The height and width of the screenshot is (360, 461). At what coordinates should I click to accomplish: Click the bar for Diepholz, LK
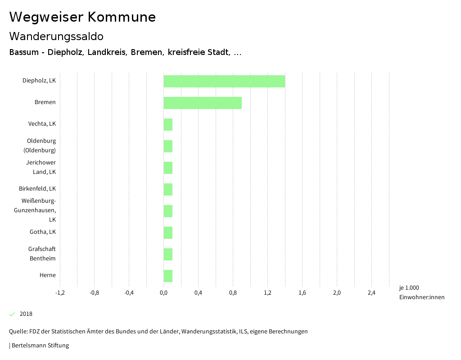point(224,81)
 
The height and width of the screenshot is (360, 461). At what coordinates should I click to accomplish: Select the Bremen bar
point(203,103)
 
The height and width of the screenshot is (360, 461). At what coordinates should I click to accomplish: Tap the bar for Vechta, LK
point(168,124)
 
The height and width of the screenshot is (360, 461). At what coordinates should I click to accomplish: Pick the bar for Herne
point(168,276)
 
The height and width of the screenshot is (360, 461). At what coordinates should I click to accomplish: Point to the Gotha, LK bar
point(168,232)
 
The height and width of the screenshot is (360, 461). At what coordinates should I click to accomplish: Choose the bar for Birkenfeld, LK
point(168,189)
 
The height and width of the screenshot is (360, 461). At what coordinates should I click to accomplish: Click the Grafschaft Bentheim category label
point(42,254)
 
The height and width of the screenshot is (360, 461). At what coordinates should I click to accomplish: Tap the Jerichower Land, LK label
point(41,167)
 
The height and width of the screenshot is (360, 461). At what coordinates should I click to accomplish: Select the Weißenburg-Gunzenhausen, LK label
point(39,210)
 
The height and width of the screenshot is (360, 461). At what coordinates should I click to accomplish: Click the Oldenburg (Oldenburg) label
point(40,146)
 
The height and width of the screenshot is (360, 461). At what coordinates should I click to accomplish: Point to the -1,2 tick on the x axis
point(60,293)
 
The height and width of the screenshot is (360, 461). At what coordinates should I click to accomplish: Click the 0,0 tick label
point(163,293)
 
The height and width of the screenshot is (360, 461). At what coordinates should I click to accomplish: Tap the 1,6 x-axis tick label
point(302,293)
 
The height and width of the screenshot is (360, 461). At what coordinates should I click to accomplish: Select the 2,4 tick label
point(371,293)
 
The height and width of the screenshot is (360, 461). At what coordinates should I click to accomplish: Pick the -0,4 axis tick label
point(129,293)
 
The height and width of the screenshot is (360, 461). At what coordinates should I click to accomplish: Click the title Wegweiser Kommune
point(82,17)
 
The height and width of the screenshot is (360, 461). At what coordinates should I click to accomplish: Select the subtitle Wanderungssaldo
point(56,36)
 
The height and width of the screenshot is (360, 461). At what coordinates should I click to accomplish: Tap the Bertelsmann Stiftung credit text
point(40,346)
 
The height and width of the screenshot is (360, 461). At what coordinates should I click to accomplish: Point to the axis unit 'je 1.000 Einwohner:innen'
point(421,292)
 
